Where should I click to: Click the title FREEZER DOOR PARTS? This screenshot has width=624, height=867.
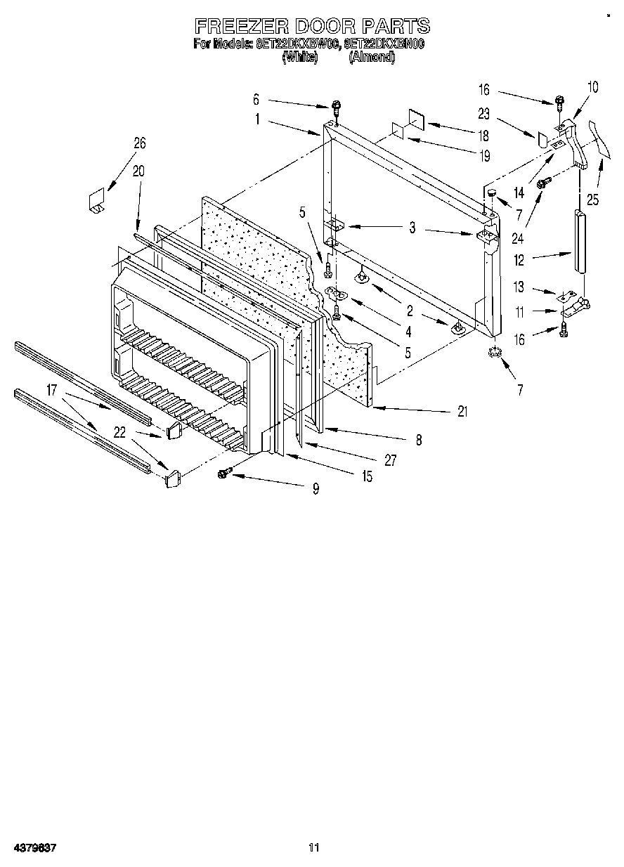(311, 27)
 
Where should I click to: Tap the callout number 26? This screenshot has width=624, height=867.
(140, 143)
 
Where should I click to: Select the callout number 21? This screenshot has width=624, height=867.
(462, 412)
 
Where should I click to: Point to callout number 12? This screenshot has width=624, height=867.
(519, 260)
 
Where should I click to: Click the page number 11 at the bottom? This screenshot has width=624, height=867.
(313, 848)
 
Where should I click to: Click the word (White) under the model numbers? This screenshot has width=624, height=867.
(299, 58)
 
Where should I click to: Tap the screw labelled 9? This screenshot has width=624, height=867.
(226, 474)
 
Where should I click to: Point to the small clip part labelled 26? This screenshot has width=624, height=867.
(96, 199)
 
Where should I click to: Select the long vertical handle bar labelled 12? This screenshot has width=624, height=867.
(580, 240)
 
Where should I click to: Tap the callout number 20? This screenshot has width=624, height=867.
(138, 170)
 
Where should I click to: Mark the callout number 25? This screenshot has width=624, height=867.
(593, 200)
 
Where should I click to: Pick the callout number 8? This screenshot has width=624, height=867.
(418, 441)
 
